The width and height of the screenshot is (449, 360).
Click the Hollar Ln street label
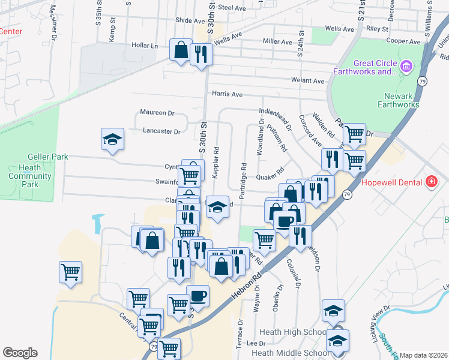point(145,45)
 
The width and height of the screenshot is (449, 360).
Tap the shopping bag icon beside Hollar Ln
point(180,50)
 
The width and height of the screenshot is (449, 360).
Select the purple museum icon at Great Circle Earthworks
point(406,65)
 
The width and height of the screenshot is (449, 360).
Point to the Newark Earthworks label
point(399,100)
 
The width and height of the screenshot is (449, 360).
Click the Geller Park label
point(51,157)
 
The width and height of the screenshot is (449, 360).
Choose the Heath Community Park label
point(30,176)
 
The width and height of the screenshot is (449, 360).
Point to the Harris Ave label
point(227,94)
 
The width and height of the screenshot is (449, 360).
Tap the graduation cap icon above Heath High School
point(333,310)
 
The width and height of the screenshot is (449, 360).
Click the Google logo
point(20,352)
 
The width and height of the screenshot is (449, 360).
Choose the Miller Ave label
point(277,41)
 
